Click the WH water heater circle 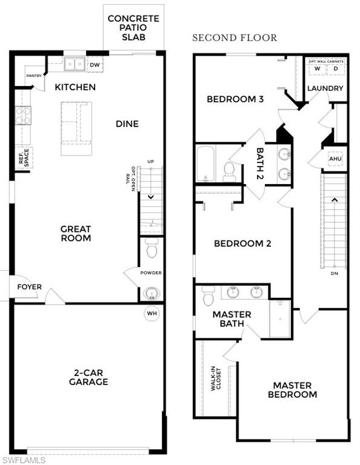[x=151, y=314]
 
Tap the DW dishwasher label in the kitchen [x=95, y=64]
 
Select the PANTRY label [x=34, y=76]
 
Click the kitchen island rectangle [x=76, y=128]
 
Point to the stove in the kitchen [x=23, y=115]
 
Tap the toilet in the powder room [x=152, y=248]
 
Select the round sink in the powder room [x=151, y=293]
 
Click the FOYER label [x=29, y=286]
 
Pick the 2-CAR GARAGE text [x=88, y=377]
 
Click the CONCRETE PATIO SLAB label [x=133, y=27]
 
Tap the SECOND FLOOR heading [x=235, y=38]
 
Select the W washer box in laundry [x=316, y=68]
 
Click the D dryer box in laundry [x=335, y=68]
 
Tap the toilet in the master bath [x=208, y=296]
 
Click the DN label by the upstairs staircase [x=334, y=273]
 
